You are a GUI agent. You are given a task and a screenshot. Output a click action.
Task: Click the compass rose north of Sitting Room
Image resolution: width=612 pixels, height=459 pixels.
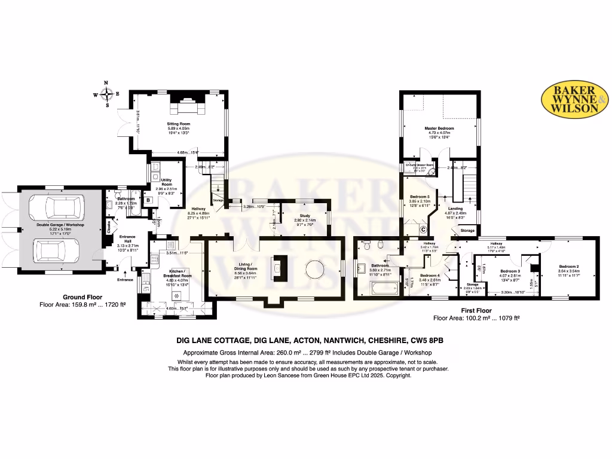(106, 94)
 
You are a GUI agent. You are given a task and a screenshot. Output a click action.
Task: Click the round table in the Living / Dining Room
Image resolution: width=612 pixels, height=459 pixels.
(315, 270)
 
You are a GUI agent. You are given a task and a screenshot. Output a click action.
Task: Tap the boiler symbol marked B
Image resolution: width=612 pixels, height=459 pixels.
(148, 200)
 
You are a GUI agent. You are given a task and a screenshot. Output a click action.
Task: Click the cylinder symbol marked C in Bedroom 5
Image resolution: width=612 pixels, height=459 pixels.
(423, 229)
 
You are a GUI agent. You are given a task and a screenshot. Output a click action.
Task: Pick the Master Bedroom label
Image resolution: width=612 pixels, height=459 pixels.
(439, 128)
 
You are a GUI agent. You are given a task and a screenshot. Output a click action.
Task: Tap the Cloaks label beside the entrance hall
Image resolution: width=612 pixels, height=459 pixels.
(109, 227)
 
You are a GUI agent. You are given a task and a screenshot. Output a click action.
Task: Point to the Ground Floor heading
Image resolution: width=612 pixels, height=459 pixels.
(82, 297)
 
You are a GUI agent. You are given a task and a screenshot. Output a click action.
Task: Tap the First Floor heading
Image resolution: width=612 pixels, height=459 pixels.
(476, 311)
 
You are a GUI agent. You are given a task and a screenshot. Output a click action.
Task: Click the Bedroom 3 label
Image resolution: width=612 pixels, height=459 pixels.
(510, 271)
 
